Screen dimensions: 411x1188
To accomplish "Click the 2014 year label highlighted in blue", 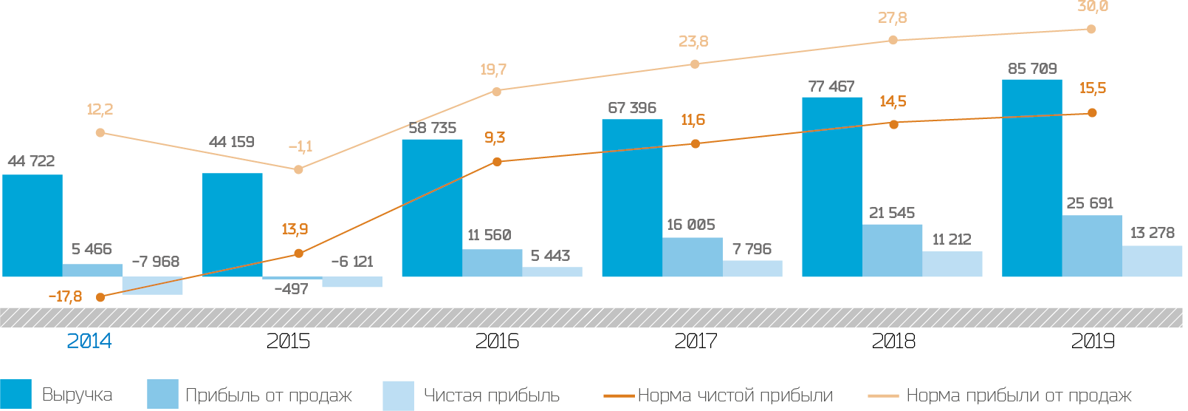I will tap(89, 341).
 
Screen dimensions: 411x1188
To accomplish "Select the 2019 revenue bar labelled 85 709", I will tap(1031, 178).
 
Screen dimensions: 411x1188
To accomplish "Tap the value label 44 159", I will tap(231, 142).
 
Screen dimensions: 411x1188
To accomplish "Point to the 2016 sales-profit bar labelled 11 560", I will tap(492, 263).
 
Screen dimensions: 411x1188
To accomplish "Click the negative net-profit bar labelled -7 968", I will tap(152, 286).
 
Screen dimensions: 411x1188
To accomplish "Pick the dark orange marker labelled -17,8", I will tap(100, 297).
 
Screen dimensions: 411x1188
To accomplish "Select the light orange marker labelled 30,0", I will tap(1091, 30).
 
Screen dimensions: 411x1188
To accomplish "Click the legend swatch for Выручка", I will tap(16, 394).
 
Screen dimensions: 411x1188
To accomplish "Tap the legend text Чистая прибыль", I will tap(491, 395).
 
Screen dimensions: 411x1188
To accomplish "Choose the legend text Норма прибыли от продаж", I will tap(1018, 395).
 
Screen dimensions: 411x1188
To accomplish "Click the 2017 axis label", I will tap(696, 341).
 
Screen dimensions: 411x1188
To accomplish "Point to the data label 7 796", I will tap(752, 249).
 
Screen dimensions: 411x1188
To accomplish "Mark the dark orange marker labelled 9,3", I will tap(497, 162).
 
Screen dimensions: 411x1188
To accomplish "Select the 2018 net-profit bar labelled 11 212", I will tap(952, 265).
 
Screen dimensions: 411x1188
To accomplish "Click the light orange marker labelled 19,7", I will tap(497, 92).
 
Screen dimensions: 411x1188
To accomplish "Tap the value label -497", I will tap(291, 289).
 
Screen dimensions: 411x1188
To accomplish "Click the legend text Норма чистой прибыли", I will tap(735, 395).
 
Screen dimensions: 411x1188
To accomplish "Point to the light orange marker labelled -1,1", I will tap(298, 170).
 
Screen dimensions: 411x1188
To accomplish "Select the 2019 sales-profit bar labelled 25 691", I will tap(1092, 246).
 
